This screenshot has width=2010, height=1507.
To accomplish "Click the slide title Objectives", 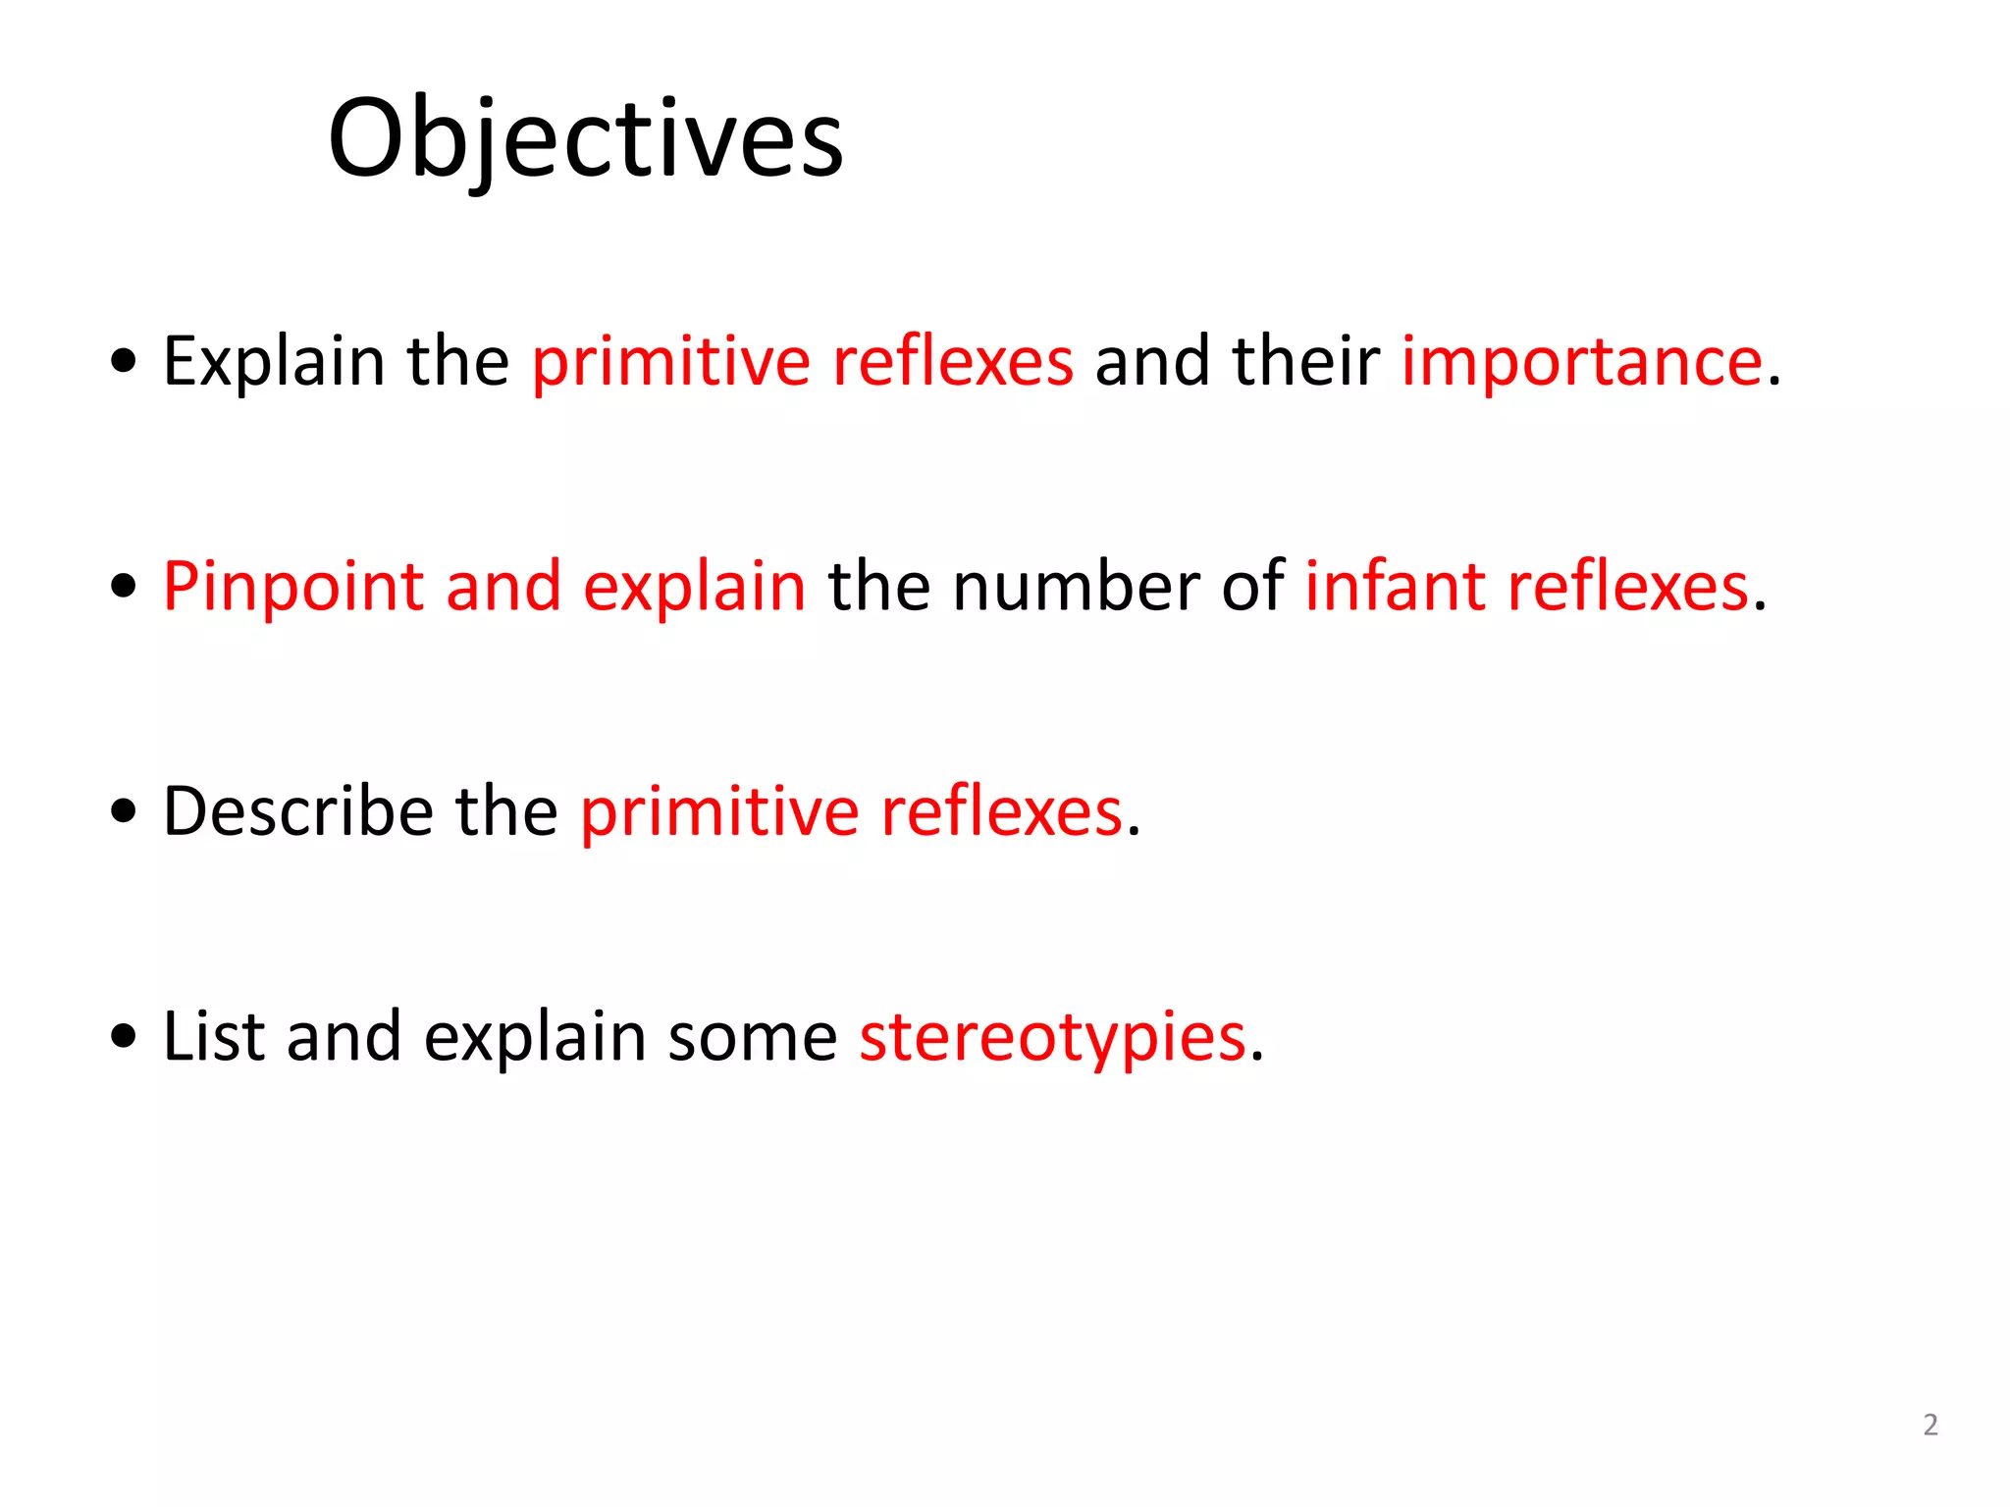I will coord(585,139).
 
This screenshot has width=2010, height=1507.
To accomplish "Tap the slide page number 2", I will coord(1930,1425).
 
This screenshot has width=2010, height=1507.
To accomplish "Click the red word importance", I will coord(1581,362).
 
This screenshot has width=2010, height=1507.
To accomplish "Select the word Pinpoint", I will coord(292,588).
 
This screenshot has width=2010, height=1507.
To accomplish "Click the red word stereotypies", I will coord(1052,1038).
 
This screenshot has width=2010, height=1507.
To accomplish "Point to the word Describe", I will coord(298,811).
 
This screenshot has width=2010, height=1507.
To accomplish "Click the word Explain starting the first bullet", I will coord(274,362).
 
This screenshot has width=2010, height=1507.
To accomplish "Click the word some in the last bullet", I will coord(752,1038).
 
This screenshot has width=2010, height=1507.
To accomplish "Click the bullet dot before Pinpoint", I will coord(124,588).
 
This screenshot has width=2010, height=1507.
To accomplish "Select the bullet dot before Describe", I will coord(124,812).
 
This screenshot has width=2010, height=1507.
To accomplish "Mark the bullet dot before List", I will coord(124,1037).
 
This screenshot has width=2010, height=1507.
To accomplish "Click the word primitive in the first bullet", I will coord(671,362).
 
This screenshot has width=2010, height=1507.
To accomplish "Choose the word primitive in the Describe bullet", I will coord(719,812).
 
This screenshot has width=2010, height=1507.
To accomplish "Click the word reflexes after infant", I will coord(1628,587).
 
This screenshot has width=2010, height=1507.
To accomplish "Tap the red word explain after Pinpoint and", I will coord(694,588).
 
